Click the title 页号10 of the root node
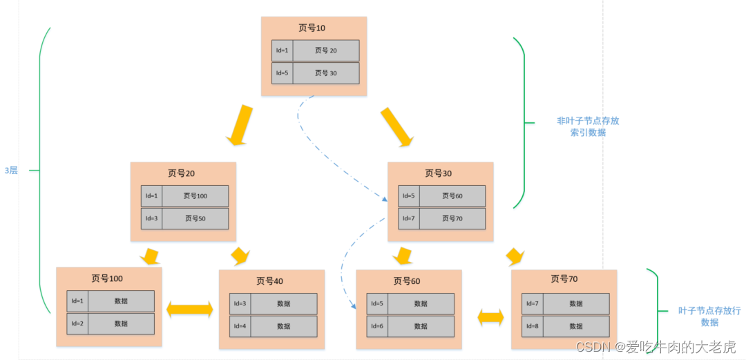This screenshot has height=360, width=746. click(x=312, y=28)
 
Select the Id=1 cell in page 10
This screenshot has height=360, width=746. click(x=282, y=50)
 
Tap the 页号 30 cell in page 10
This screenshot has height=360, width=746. click(x=325, y=73)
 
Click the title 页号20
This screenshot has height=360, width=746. click(x=182, y=173)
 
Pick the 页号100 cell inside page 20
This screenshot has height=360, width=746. click(x=195, y=196)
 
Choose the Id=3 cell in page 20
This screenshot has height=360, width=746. click(x=151, y=218)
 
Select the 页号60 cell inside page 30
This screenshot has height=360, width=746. click(x=452, y=196)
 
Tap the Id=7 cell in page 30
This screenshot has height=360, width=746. click(x=409, y=218)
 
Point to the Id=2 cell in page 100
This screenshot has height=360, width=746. click(x=77, y=323)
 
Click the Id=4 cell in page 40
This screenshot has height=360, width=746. click(x=240, y=326)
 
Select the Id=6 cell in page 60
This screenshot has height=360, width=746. click(x=377, y=326)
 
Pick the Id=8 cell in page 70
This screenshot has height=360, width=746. click(x=532, y=326)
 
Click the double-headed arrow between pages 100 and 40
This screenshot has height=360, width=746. click(x=189, y=310)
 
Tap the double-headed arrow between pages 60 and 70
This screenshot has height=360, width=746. click(x=491, y=317)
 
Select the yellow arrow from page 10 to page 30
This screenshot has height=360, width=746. click(x=397, y=126)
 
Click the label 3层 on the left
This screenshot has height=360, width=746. click(x=11, y=170)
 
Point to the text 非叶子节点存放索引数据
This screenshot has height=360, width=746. click(x=588, y=126)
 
